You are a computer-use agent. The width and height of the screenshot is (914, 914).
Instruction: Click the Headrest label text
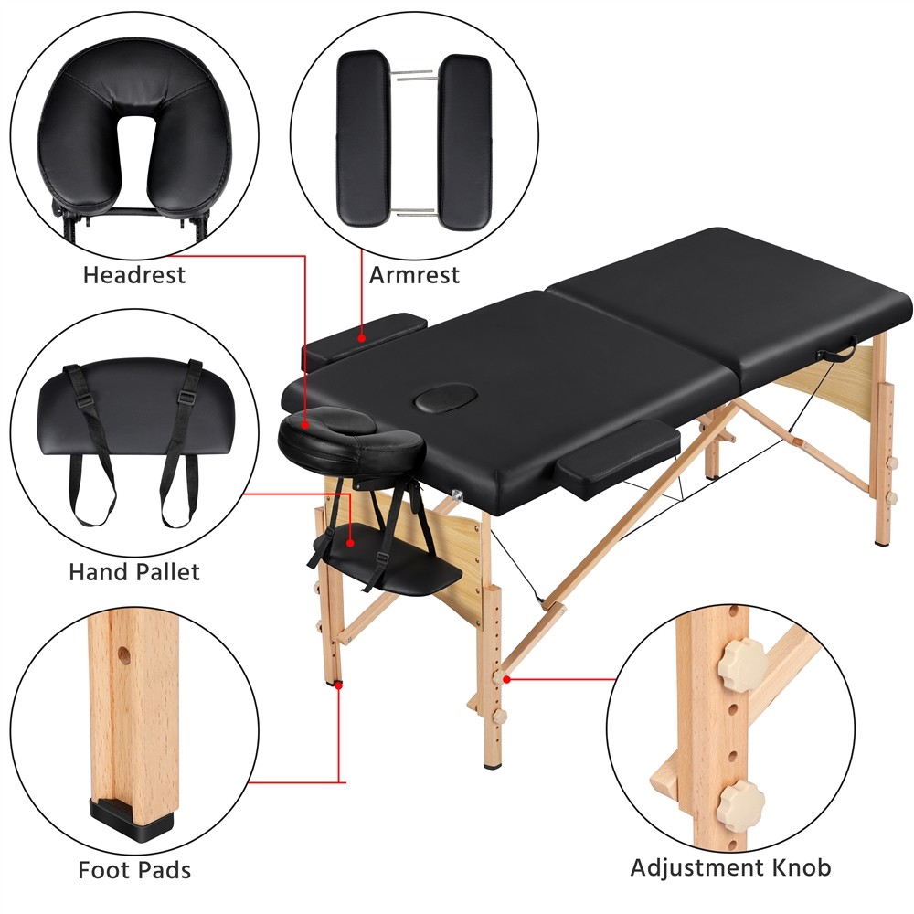tap(133, 274)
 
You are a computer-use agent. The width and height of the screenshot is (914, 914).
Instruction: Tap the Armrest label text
tap(414, 274)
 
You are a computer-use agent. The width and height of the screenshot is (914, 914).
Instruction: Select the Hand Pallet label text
tap(133, 572)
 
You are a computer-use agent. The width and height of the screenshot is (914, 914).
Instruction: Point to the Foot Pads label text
tap(134, 868)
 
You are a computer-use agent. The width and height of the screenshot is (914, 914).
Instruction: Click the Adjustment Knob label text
tap(731, 866)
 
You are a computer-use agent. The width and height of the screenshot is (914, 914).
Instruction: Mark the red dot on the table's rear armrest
tap(362, 338)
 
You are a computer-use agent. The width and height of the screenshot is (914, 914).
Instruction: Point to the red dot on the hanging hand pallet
tap(350, 542)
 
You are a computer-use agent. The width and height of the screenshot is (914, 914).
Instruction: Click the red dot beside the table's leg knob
tap(506, 677)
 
